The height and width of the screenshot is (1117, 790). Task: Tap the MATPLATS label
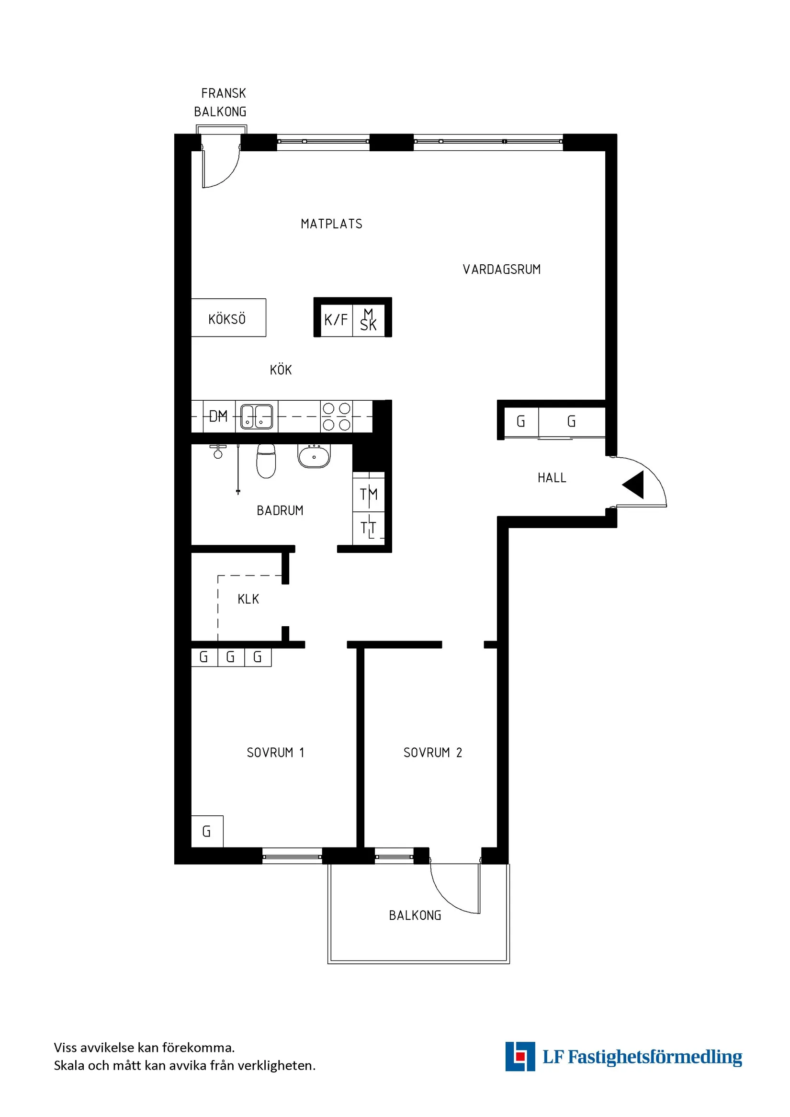tap(331, 224)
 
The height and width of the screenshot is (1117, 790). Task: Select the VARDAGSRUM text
tap(502, 270)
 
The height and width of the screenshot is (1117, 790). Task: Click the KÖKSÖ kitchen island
tap(228, 318)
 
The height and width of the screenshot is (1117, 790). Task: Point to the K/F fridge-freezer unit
tap(336, 320)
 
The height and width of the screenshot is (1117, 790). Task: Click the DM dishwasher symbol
tap(218, 416)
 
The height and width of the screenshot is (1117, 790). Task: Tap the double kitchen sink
tap(257, 417)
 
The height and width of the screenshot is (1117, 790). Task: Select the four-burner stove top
tap(337, 417)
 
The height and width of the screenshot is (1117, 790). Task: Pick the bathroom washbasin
tap(314, 456)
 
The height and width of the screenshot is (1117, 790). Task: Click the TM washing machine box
tap(369, 493)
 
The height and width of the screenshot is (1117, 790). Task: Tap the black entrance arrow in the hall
tap(634, 485)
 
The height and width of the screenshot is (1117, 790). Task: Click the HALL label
tap(552, 478)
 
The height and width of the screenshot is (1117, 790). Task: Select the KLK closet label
tap(248, 599)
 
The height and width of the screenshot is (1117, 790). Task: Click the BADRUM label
tap(280, 510)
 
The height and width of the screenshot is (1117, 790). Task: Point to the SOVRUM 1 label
tap(275, 753)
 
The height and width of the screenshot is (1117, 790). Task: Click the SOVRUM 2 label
tap(432, 753)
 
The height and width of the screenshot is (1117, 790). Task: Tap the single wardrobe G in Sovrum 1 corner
tap(207, 832)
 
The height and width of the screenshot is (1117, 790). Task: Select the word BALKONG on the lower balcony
tap(415, 915)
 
